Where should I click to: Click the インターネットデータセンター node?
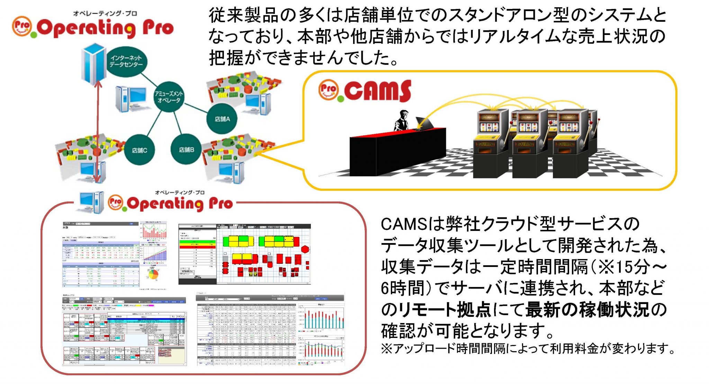click(126, 62)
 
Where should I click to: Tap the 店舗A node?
click(222, 119)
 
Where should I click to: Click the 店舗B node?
click(186, 150)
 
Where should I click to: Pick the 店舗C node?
click(139, 150)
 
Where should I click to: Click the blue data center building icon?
click(93, 64)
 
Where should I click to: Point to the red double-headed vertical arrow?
click(98, 132)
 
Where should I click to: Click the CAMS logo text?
click(377, 91)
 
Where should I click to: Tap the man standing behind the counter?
click(402, 120)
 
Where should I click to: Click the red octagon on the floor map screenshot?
click(305, 249)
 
